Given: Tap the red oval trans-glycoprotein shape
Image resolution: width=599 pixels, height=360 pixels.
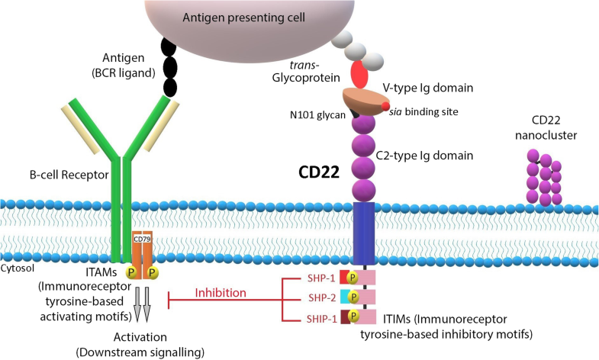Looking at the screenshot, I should click(359, 75).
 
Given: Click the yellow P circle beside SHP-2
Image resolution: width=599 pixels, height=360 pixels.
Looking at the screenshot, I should click(353, 297).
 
